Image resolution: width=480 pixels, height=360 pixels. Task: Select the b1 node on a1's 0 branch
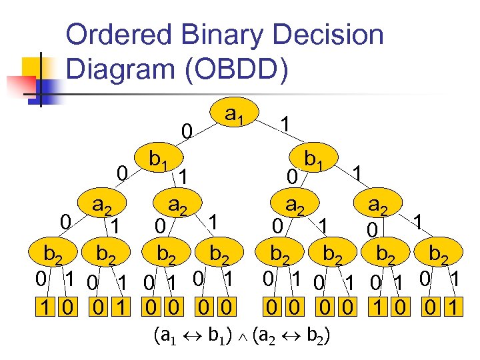pyautogui.click(x=158, y=159)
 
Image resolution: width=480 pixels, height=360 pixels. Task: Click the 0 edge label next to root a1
pyautogui.click(x=189, y=133)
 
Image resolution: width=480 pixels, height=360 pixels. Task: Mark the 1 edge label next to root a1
pyautogui.click(x=285, y=125)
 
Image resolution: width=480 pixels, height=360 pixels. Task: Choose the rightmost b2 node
pyautogui.click(x=441, y=254)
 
